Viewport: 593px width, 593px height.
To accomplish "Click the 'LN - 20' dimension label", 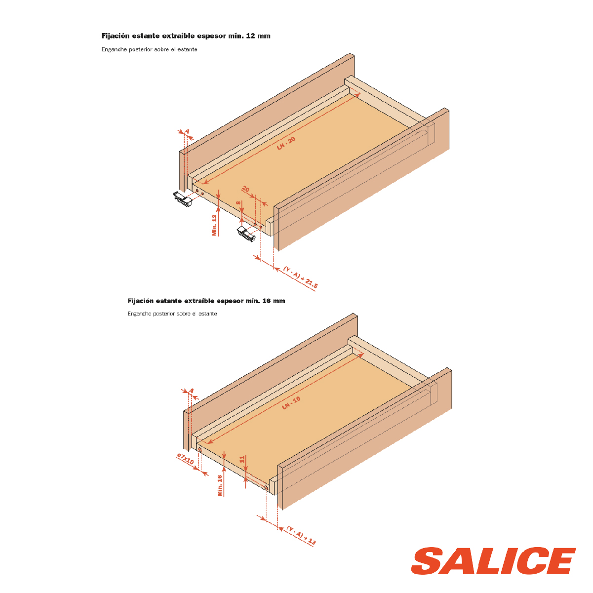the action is click(x=286, y=143).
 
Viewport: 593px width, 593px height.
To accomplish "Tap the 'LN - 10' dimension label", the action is click(x=291, y=403).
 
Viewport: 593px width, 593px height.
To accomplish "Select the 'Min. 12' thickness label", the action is click(x=214, y=225).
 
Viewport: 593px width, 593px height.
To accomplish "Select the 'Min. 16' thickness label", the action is click(x=220, y=485).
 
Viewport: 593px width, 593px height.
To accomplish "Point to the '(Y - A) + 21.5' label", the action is click(x=300, y=277).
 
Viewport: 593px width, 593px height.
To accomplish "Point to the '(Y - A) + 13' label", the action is click(x=301, y=536).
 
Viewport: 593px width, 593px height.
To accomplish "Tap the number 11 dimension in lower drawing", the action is click(x=242, y=459).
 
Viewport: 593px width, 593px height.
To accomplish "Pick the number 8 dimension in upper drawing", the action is click(x=238, y=203).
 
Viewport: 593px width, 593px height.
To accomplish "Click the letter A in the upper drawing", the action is click(x=187, y=132).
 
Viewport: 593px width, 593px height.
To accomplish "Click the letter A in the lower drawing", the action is click(x=192, y=391).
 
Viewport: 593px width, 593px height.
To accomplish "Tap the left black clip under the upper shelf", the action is click(x=183, y=199).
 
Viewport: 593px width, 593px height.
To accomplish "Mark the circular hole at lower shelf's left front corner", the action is click(x=199, y=450).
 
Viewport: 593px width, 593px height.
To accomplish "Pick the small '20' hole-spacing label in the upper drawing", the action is click(x=245, y=189).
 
